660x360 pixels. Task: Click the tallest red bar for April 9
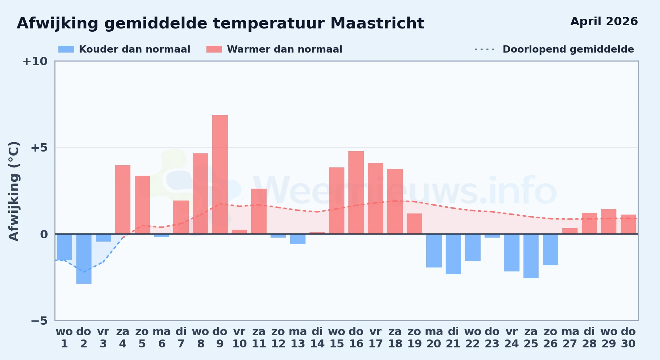(220, 175)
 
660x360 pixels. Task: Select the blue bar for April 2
(84, 259)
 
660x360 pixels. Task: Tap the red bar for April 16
(356, 193)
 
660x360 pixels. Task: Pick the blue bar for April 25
(531, 256)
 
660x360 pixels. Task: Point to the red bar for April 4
(123, 199)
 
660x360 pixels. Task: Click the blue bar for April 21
(453, 254)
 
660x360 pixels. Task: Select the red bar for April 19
(414, 224)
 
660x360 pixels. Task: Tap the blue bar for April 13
(298, 239)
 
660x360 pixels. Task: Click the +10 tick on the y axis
(35, 61)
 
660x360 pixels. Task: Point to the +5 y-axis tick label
(39, 148)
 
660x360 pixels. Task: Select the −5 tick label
(39, 320)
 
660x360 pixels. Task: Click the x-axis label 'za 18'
(395, 337)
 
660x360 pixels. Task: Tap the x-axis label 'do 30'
(628, 337)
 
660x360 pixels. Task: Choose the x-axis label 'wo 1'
(64, 337)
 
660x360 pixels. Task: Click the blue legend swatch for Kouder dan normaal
(66, 49)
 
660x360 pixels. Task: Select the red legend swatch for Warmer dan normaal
(214, 49)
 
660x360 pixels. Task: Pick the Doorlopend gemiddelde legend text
(568, 49)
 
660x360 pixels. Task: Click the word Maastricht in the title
(377, 23)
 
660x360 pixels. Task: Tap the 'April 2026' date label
(604, 21)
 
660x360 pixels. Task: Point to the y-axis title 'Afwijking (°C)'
(14, 191)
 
